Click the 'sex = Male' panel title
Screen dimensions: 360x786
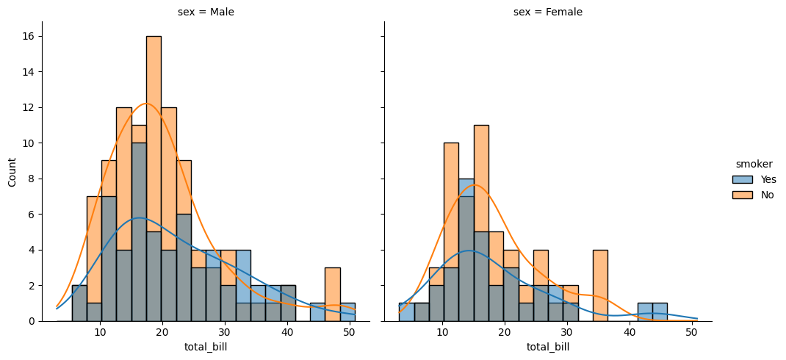pos(206,12)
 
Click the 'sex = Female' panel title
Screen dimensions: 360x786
pos(547,12)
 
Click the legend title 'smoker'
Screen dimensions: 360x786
pos(754,164)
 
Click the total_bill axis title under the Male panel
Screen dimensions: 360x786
pos(206,347)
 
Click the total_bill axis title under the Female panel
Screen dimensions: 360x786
pos(547,347)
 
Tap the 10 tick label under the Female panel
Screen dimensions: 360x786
pos(442,333)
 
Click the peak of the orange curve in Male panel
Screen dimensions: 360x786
pos(146,104)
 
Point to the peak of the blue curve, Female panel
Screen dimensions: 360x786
pos(469,251)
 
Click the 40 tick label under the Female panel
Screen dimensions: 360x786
pos(629,333)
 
